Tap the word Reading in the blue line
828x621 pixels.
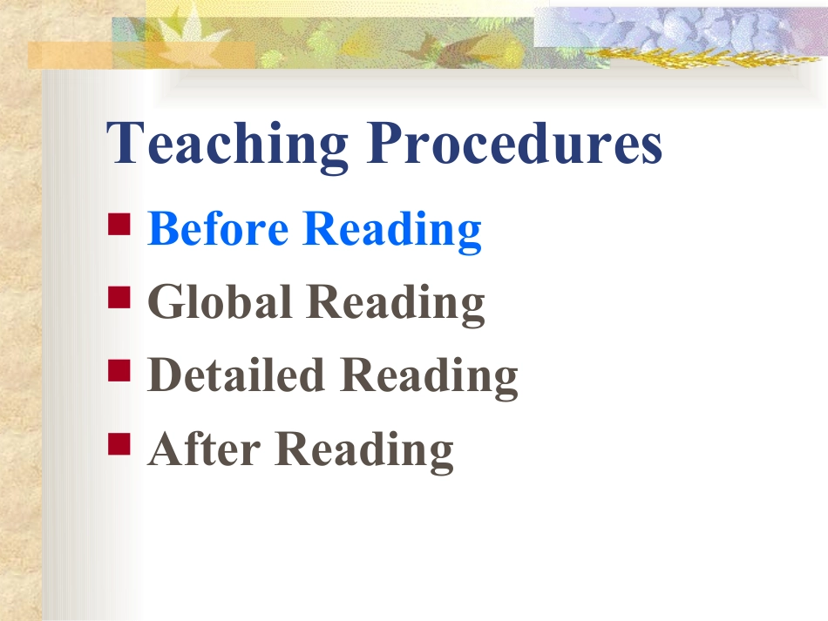[392, 232]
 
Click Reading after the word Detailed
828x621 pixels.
[429, 377]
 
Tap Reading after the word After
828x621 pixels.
[364, 451]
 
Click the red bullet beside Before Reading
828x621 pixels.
[119, 224]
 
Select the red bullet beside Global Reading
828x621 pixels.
[119, 297]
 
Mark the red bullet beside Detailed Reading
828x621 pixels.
[119, 370]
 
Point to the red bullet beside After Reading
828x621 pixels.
[119, 443]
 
